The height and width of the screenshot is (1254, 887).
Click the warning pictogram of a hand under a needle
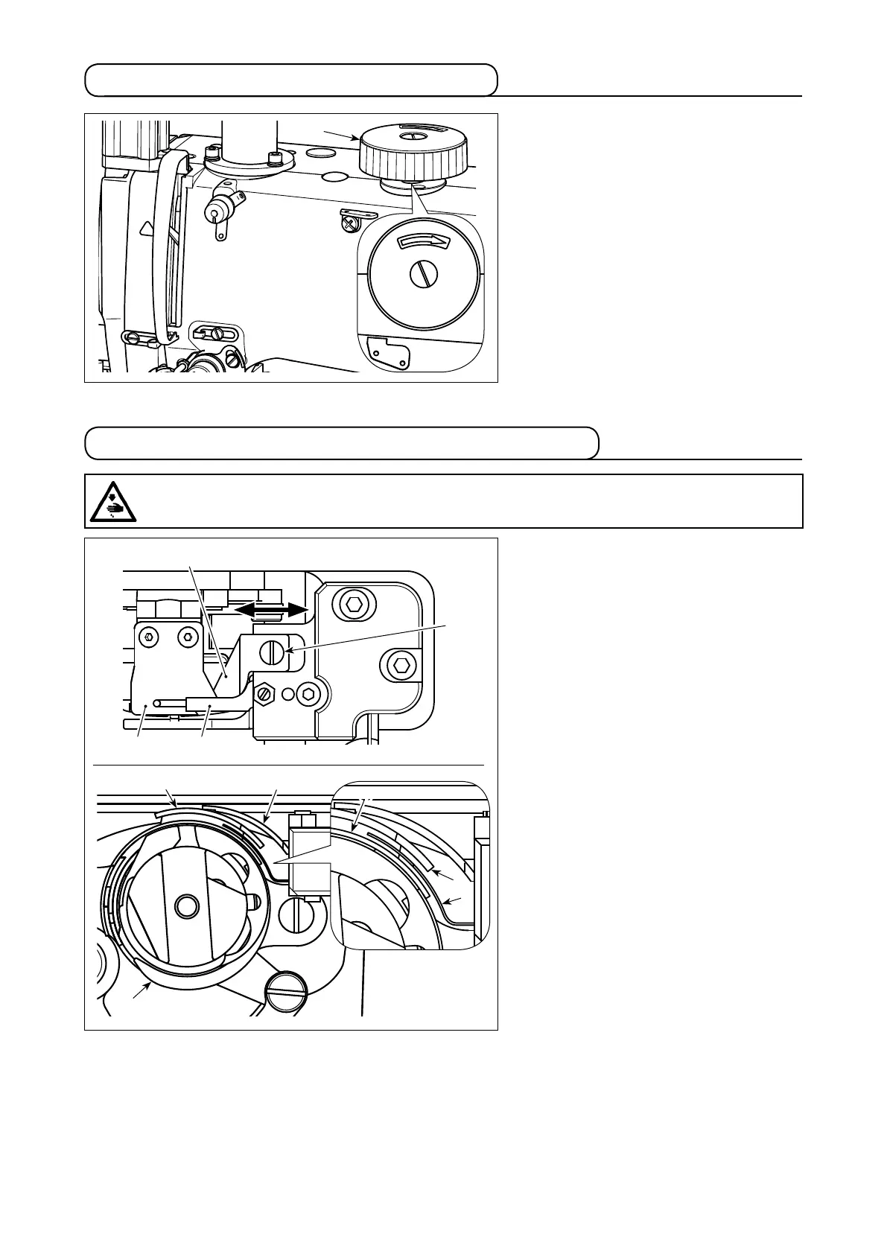(x=112, y=500)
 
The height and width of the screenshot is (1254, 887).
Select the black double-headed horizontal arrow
(x=270, y=609)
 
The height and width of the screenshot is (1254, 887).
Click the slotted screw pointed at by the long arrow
(x=272, y=654)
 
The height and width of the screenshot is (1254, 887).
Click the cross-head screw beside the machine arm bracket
(x=347, y=220)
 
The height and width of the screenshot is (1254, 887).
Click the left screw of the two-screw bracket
(x=150, y=637)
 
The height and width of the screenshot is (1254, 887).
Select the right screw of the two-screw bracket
(x=185, y=637)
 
